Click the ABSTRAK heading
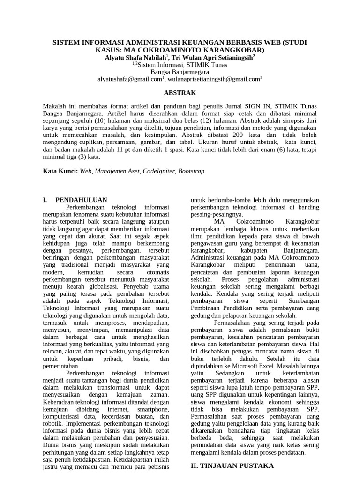[x=180, y=93]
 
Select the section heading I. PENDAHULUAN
[x=75, y=199]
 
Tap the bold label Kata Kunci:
[x=60, y=172]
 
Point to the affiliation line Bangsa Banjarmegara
[x=180, y=72]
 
